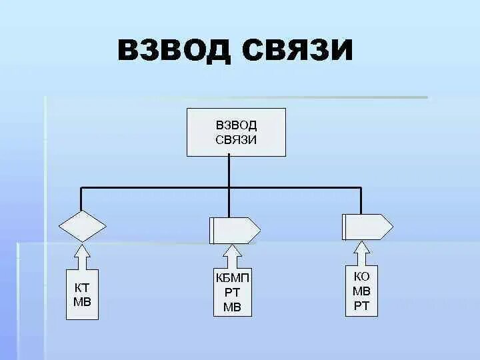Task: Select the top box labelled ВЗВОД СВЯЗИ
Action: click(236, 131)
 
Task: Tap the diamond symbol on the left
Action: click(82, 225)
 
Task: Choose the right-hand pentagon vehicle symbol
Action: click(367, 227)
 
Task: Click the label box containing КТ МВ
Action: click(82, 295)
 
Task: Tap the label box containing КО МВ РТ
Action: click(362, 291)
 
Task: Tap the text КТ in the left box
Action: click(82, 287)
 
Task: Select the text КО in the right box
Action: click(362, 276)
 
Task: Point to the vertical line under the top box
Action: click(229, 171)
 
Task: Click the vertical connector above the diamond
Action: click(81, 199)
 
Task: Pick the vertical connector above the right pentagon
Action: click(361, 200)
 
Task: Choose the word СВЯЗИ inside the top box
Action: click(236, 139)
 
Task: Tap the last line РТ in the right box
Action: click(362, 306)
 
